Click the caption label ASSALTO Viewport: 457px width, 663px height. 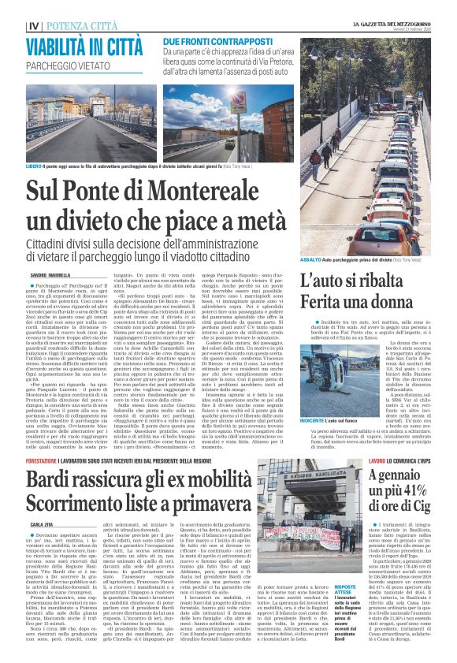tap(310, 259)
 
